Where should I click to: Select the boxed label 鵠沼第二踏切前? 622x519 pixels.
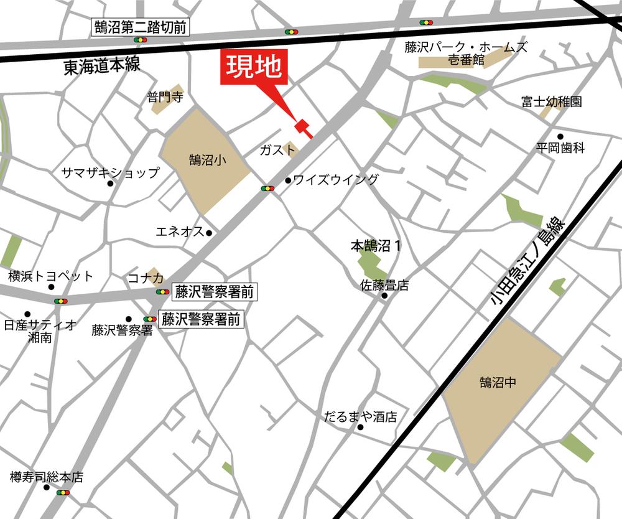tap(141, 27)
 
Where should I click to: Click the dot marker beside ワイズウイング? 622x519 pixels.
tap(288, 180)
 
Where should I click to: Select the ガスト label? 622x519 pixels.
tap(277, 149)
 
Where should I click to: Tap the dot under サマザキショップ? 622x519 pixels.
tap(111, 184)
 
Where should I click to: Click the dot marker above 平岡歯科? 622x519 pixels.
tap(560, 136)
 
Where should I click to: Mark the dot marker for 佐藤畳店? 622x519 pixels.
tap(384, 296)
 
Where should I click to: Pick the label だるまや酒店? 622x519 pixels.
tap(360, 417)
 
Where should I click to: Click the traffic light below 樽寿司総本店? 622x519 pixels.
tap(62, 493)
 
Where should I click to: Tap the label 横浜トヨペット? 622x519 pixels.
tap(50, 276)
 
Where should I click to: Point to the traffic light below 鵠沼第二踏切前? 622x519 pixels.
tap(141, 40)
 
